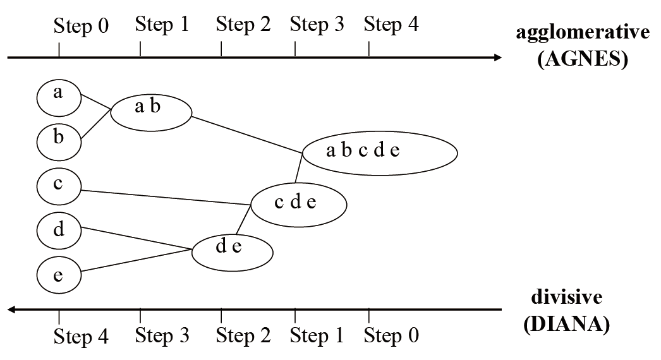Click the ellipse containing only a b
(151, 112)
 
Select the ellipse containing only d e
(232, 251)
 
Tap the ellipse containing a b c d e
(379, 153)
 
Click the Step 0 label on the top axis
(81, 27)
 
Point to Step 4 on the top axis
(392, 25)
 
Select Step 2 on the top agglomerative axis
(243, 25)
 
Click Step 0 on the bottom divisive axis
(392, 335)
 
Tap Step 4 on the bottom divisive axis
(81, 337)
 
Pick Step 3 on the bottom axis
(162, 335)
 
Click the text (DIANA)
(567, 325)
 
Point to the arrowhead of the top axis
(498, 57)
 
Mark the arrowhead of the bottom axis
(11, 309)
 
